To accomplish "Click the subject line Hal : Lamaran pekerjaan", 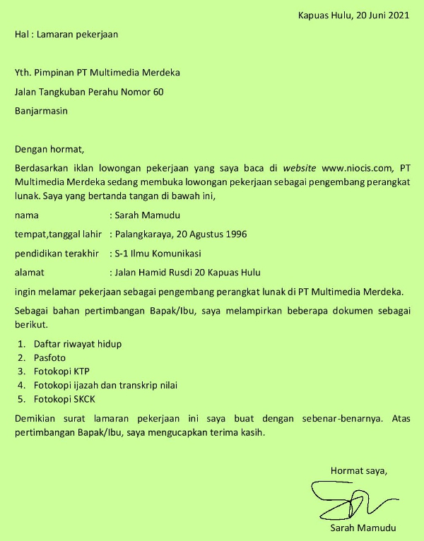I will click(66, 34).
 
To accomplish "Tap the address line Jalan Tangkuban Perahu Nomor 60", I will click(88, 91).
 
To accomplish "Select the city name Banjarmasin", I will click(41, 110).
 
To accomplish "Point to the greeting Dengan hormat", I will click(49, 149).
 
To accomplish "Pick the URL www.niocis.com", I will click(356, 168).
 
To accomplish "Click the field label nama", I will click(26, 215).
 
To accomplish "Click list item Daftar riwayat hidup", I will click(78, 344).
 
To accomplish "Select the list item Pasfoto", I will click(49, 358).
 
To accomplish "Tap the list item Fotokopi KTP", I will click(61, 371).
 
